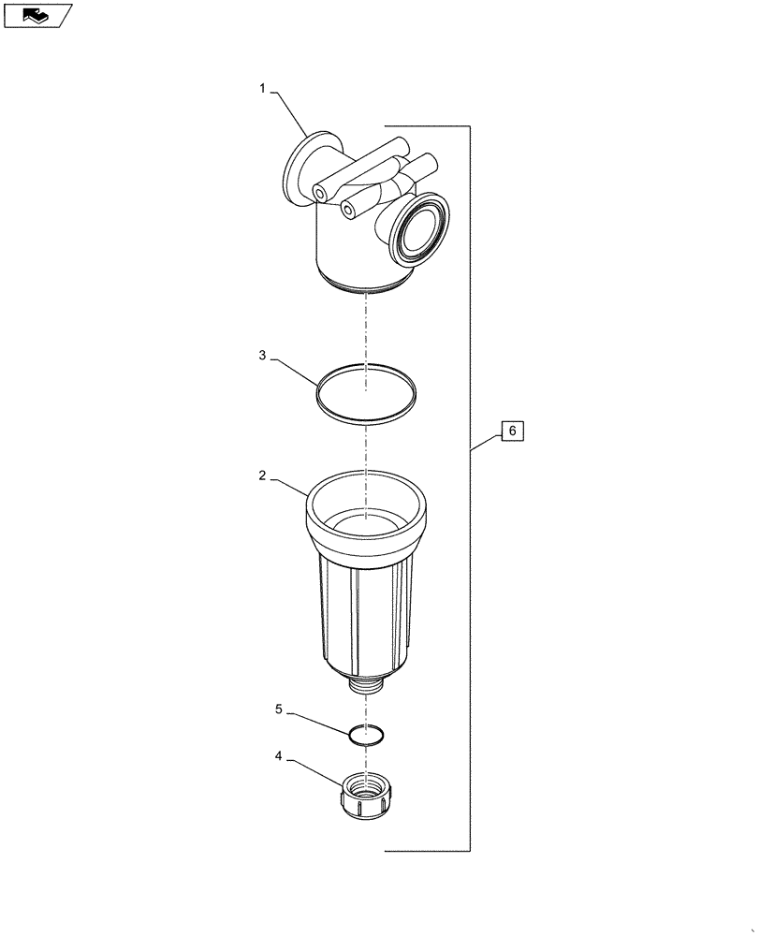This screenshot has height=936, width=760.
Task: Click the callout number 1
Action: pyautogui.click(x=263, y=89)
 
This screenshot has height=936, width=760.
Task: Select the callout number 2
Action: pyautogui.click(x=263, y=475)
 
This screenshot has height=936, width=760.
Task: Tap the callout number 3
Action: pyautogui.click(x=263, y=356)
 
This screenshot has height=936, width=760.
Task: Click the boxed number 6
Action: pyautogui.click(x=512, y=431)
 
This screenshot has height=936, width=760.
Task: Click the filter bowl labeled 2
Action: pyautogui.click(x=365, y=608)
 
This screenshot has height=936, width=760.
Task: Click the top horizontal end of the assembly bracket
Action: pyautogui.click(x=426, y=126)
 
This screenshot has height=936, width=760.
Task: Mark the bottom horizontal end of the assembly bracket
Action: pyautogui.click(x=426, y=851)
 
